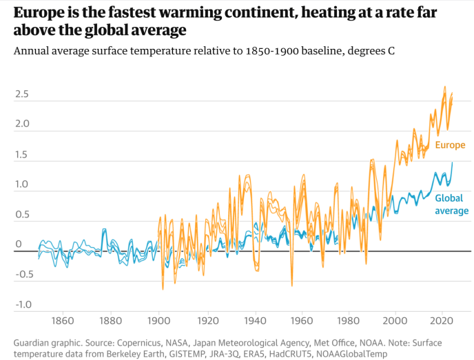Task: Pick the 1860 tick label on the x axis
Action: click(x=63, y=321)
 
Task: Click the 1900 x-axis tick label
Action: click(x=159, y=321)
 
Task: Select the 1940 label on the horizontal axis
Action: click(x=256, y=321)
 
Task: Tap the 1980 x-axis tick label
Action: click(x=352, y=321)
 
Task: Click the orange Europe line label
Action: click(x=450, y=145)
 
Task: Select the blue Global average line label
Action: click(x=451, y=204)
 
